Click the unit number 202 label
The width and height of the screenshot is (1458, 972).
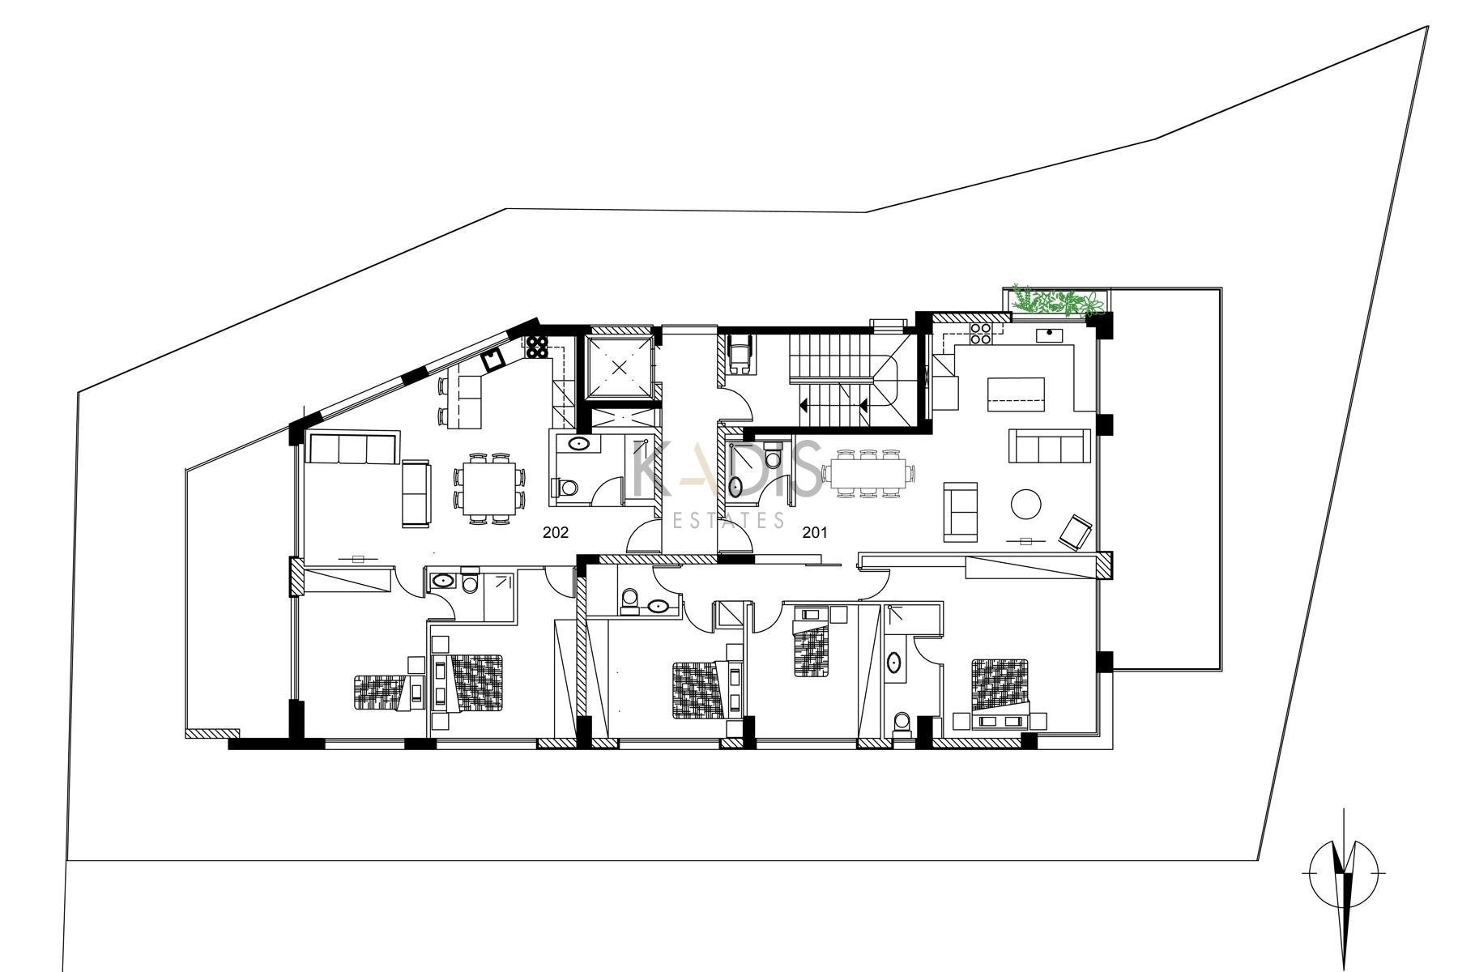point(556,533)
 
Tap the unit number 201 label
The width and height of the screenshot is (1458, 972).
point(815,533)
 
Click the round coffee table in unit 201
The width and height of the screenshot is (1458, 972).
point(1026,504)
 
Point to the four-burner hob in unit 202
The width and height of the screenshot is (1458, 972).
point(536,347)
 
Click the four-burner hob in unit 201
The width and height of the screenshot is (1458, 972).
point(981,334)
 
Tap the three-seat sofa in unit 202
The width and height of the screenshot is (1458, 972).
point(352,448)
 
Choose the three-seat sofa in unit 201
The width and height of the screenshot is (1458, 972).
point(1050,446)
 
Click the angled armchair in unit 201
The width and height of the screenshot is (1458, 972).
point(1076,531)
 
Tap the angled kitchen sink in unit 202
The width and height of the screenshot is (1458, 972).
point(492,360)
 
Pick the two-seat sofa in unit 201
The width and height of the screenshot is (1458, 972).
point(960,512)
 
